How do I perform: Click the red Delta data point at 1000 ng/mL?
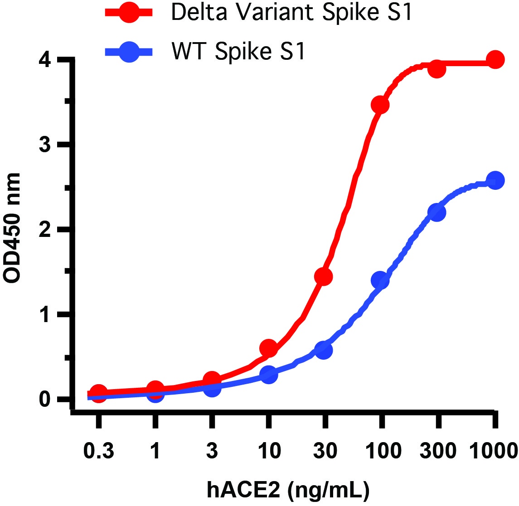pyautogui.click(x=495, y=60)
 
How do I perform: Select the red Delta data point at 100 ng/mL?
pyautogui.click(x=380, y=105)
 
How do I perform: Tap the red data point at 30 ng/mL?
pyautogui.click(x=324, y=276)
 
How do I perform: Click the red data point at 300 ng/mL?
pyautogui.click(x=437, y=69)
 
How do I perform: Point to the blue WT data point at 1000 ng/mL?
pyautogui.click(x=495, y=180)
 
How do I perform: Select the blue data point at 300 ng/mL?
pyautogui.click(x=437, y=212)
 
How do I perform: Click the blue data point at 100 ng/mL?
pyautogui.click(x=380, y=280)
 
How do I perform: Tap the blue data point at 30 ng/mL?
pyautogui.click(x=324, y=350)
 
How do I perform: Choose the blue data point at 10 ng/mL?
pyautogui.click(x=268, y=375)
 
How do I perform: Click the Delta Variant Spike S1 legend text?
pyautogui.click(x=292, y=13)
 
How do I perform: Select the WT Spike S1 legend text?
pyautogui.click(x=239, y=52)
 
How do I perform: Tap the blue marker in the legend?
pyautogui.click(x=130, y=52)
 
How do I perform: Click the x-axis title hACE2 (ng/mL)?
pyautogui.click(x=288, y=490)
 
